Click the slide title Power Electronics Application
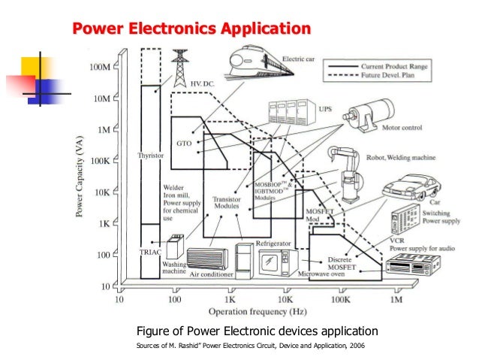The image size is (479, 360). tap(191, 29)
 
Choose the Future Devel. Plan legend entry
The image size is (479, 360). tap(392, 75)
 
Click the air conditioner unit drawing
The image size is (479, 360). tap(208, 260)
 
